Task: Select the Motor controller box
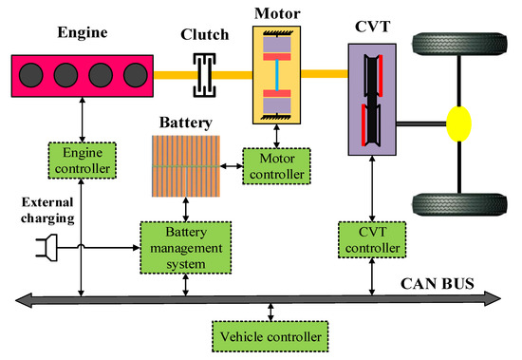point(275,165)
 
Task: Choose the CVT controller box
point(372,240)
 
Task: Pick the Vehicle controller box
point(270,335)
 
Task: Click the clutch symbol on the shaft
point(200,74)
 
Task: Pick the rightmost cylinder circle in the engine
point(136,74)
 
